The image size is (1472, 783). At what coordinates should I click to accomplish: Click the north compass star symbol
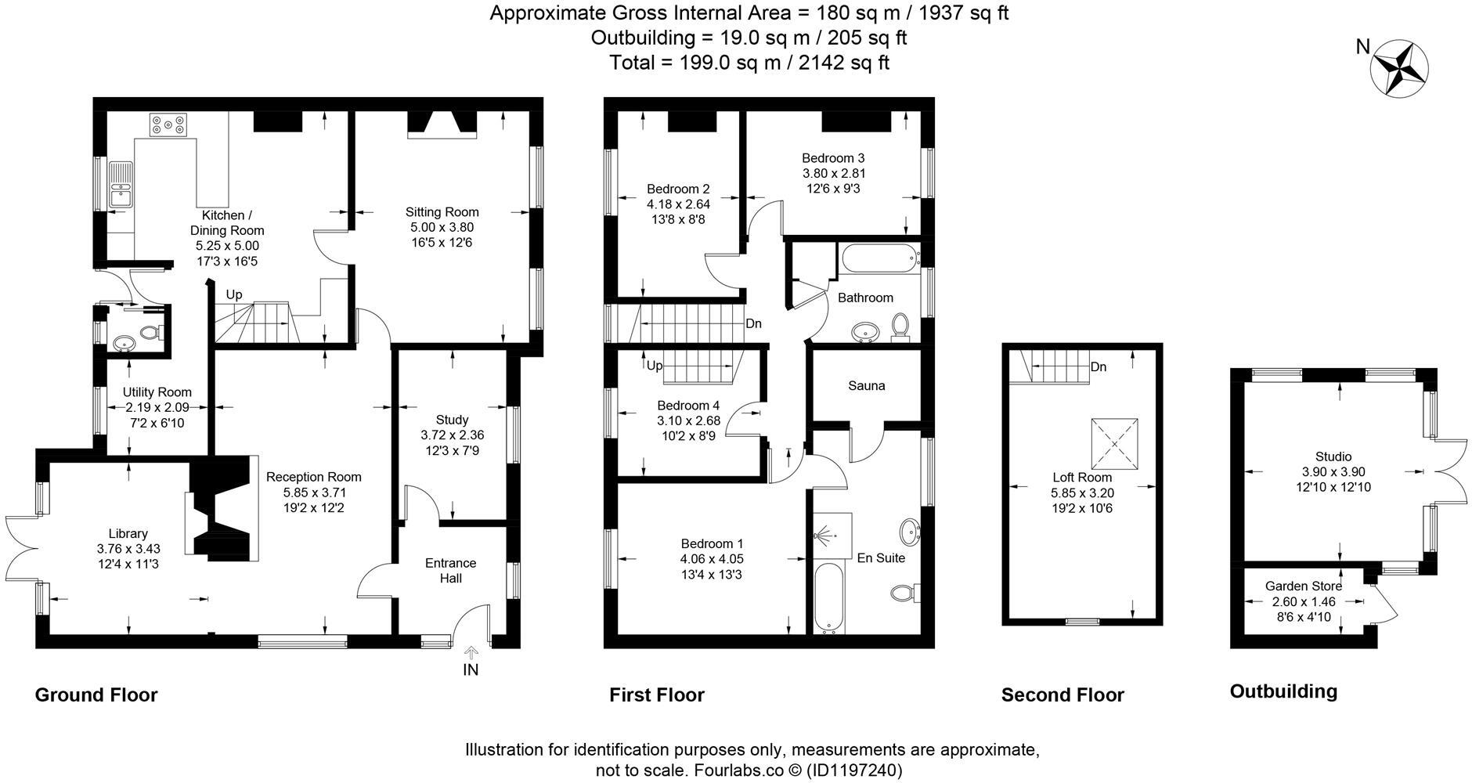pos(1400,69)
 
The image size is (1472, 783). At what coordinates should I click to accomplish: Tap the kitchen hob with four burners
pos(169,124)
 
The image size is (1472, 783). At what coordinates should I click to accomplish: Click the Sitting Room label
pos(442,212)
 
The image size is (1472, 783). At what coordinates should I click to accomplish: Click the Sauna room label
pos(866,386)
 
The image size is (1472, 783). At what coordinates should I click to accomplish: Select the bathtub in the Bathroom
pos(879,258)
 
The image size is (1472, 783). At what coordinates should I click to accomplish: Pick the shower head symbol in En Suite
pos(824,536)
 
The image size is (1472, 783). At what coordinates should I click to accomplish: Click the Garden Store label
pos(1303,586)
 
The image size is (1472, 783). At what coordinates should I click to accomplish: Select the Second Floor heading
pos(1062,695)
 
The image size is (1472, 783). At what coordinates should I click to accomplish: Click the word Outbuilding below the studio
pos(1283,691)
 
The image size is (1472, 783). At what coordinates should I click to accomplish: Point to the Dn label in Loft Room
pos(1098,366)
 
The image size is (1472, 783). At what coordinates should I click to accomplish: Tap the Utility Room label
pos(157,392)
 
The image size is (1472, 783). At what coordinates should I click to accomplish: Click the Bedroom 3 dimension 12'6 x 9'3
pos(832,189)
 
